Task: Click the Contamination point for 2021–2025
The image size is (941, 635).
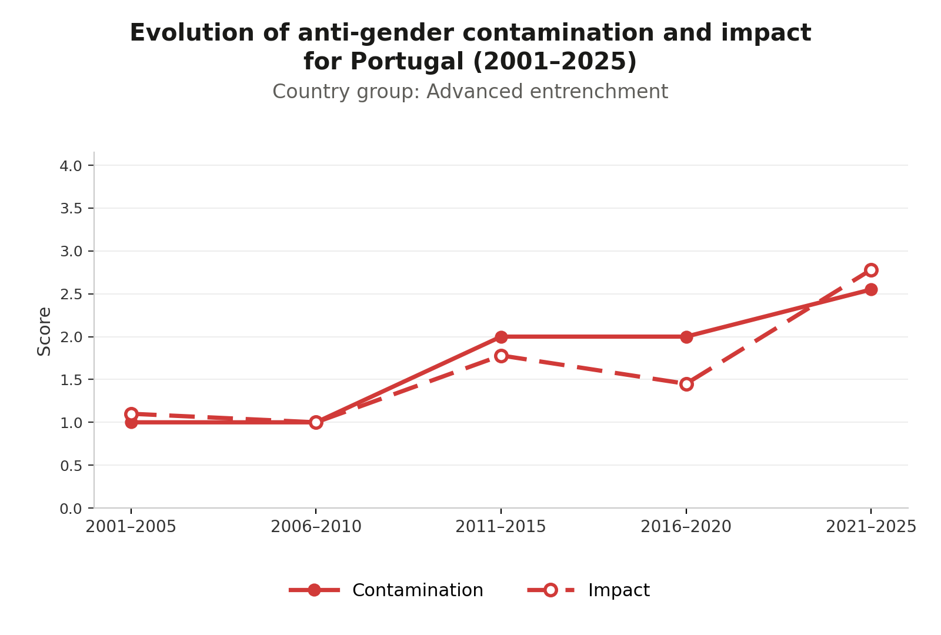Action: pos(871,289)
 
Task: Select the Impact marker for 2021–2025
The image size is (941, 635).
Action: pos(871,270)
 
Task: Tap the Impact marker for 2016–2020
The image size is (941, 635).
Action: pos(686,385)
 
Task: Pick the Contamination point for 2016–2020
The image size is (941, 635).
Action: pos(686,337)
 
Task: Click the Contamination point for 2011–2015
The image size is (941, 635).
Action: pos(500,337)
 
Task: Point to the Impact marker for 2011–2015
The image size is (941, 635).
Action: pos(500,356)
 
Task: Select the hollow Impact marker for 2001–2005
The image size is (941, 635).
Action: pos(131,414)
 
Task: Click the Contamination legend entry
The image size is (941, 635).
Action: pos(386,590)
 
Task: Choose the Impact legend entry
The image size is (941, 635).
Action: pos(589,590)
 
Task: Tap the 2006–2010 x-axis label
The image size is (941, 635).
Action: pos(316,527)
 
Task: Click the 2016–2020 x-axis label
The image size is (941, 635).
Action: pos(686,527)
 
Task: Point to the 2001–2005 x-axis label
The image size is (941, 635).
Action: pos(131,527)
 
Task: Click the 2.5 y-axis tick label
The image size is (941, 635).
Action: pos(71,295)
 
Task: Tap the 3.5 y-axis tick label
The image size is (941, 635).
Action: pos(71,209)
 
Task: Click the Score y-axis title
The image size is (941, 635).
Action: pos(44,332)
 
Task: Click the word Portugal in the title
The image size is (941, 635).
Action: pos(406,62)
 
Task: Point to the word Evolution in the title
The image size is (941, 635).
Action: pos(192,33)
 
